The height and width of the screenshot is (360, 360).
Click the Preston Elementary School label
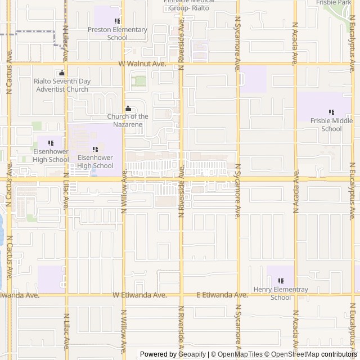pos(117,34)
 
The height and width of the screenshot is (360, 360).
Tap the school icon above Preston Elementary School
pos(117,21)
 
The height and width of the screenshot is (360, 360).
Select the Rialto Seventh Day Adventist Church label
pos(62,85)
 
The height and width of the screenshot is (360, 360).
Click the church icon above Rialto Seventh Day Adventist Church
pos(62,73)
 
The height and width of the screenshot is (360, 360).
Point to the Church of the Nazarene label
pos(128,120)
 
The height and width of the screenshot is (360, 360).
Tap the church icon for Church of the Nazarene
pos(128,109)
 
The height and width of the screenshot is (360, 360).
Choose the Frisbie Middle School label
pos(331,124)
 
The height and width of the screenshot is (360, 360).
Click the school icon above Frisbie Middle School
pos(331,112)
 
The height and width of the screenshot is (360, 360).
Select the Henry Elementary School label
pos(281,293)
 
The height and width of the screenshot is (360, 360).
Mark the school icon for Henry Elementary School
pos(281,281)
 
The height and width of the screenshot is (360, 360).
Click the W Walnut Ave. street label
pos(143,64)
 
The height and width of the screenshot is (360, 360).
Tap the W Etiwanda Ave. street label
pos(139,295)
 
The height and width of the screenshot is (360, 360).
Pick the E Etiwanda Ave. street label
pos(222,295)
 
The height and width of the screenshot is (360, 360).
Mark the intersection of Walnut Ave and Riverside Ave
pos(181,64)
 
